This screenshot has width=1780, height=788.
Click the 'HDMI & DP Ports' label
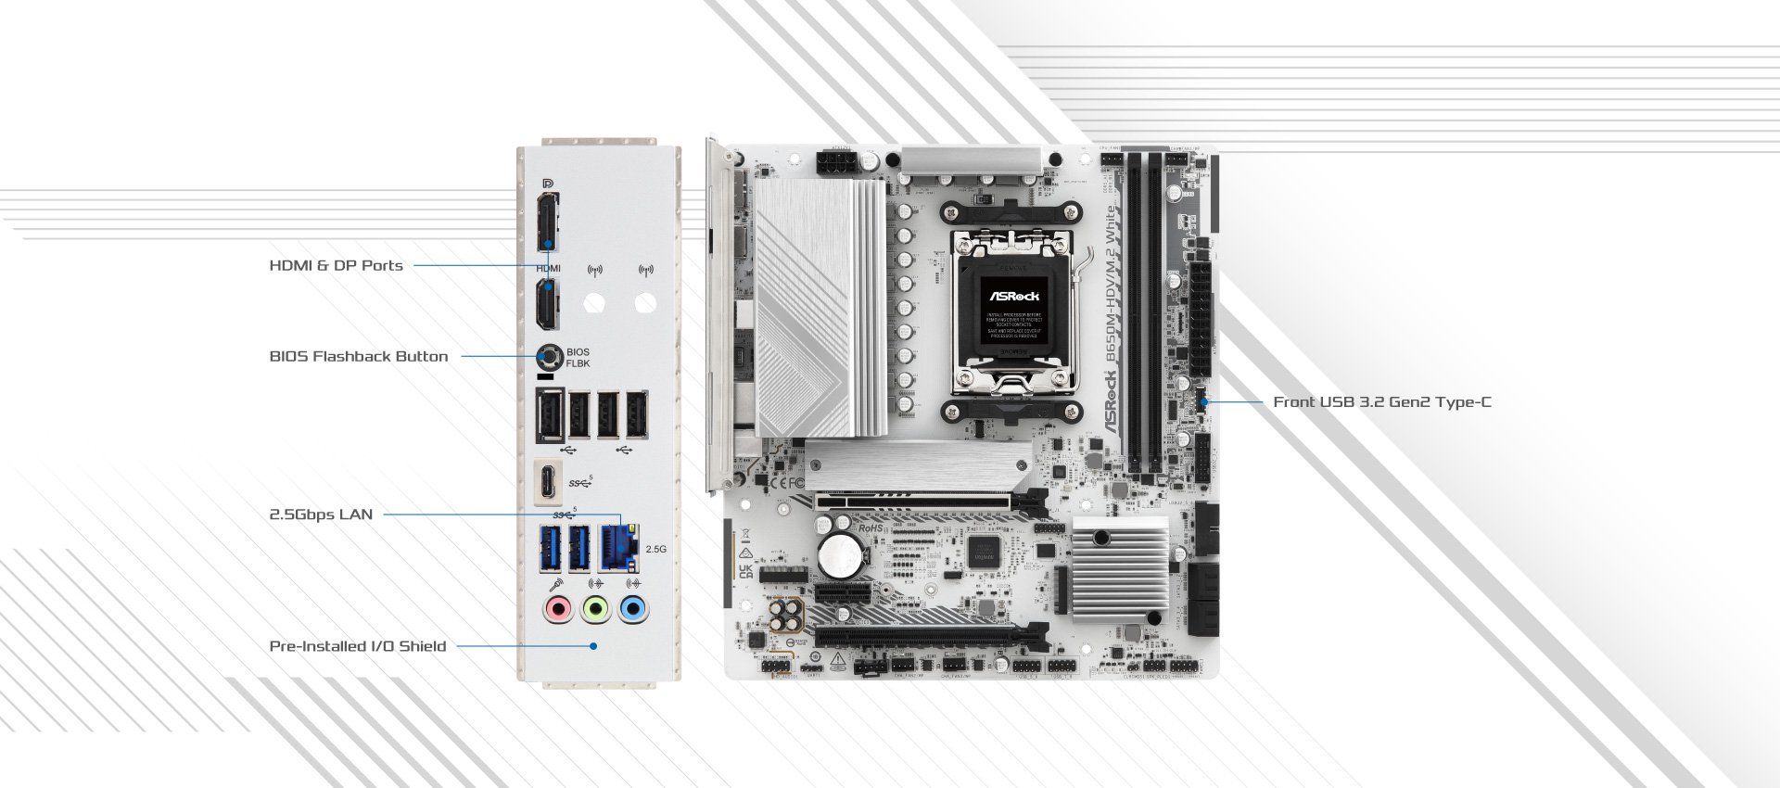pos(336,265)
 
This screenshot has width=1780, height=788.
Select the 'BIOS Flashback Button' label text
pos(358,356)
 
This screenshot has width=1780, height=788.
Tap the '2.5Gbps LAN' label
pos(321,515)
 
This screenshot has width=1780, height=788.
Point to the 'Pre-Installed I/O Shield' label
pos(357,646)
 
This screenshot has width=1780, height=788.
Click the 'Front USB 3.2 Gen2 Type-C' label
pos(1381,402)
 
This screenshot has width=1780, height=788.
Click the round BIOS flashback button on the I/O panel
pos(551,356)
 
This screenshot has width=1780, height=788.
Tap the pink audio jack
pos(557,609)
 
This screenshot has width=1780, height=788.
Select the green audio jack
pos(595,609)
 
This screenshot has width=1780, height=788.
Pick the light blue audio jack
pos(633,609)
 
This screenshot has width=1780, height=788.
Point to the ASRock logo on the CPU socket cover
pos(1015,297)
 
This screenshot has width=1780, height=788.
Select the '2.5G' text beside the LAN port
pos(655,549)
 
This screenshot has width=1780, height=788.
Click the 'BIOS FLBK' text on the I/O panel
pos(578,358)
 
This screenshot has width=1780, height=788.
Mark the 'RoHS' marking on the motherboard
pos(871,527)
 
